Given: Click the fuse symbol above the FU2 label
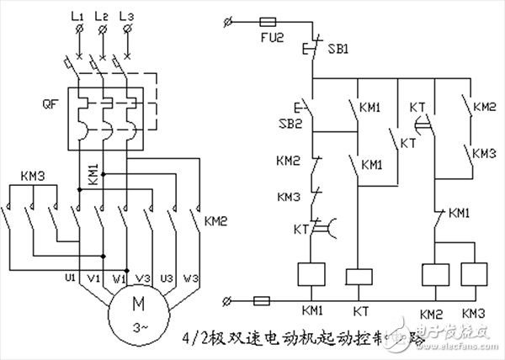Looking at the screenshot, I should (x=269, y=19).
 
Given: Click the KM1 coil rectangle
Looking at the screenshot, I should (x=312, y=275).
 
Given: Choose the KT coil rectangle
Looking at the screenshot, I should (x=359, y=275).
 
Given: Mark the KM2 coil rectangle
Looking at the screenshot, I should (x=432, y=275).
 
